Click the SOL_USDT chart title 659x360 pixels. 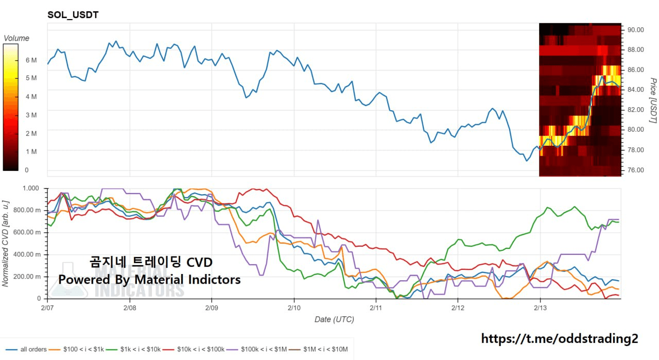tap(73, 15)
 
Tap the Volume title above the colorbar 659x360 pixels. tap(16, 38)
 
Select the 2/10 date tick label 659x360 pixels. tap(293, 307)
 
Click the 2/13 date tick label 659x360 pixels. tap(540, 307)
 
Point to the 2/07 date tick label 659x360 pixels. tap(47, 307)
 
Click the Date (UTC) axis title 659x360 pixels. tap(334, 319)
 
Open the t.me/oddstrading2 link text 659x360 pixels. tap(560, 338)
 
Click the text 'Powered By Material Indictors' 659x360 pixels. tap(149, 280)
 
